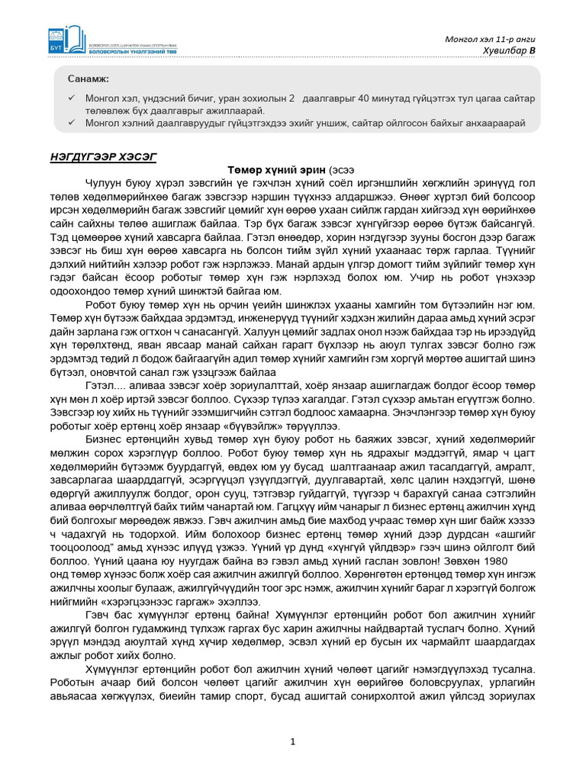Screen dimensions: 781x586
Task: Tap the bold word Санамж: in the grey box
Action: click(x=88, y=79)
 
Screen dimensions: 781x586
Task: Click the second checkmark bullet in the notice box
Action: click(x=71, y=122)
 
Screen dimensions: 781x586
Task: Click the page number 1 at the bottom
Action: click(x=293, y=741)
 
